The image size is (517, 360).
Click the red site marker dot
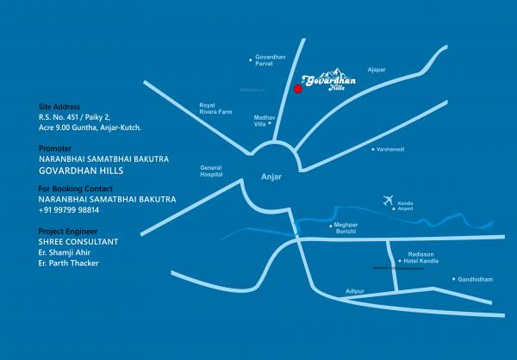[297, 88]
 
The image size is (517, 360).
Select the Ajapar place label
[376, 68]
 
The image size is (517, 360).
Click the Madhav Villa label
[265, 119]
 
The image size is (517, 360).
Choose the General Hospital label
[211, 171]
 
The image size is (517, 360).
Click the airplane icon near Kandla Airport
[388, 201]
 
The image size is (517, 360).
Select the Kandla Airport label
[405, 206]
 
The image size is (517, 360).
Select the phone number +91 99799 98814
[69, 210]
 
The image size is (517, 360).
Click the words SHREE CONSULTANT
[78, 241]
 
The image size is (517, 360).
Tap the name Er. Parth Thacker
[69, 263]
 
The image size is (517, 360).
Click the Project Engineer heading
[68, 231]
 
